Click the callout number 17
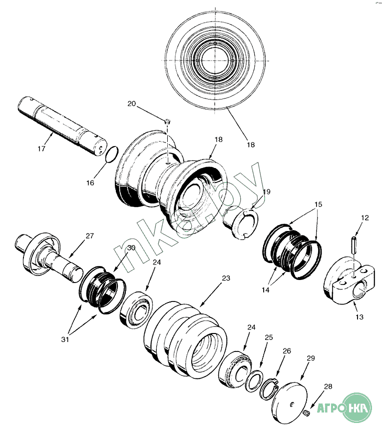click(x=41, y=149)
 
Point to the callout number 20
click(x=131, y=104)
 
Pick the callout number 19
click(x=267, y=192)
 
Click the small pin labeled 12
click(x=353, y=244)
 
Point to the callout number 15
click(x=319, y=205)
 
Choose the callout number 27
click(x=89, y=236)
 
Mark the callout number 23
click(x=226, y=278)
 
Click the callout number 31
click(x=65, y=339)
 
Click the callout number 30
click(x=131, y=248)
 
